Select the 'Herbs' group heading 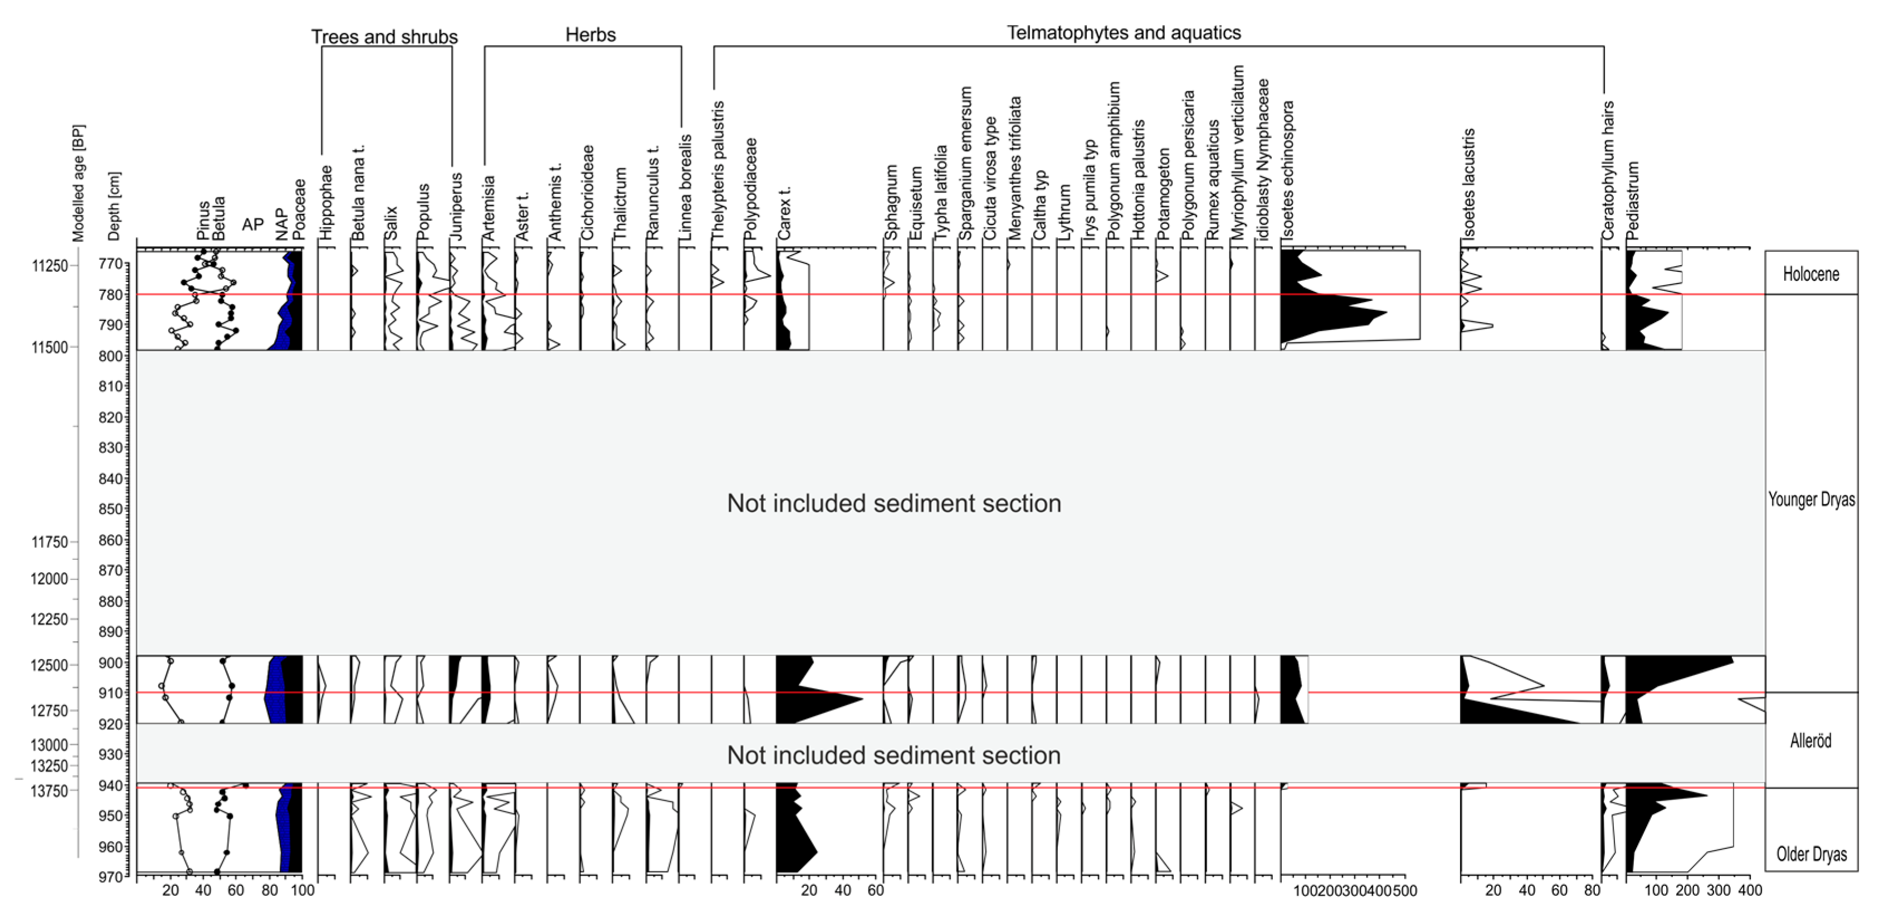point(590,35)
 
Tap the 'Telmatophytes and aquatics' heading point(1124,33)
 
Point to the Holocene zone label point(1811,274)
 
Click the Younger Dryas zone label point(1811,500)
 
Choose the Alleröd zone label point(1811,741)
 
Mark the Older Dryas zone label point(1811,854)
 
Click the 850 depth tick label point(110,509)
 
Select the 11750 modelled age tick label point(49,543)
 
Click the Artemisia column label point(489,208)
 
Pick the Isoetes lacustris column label point(1468,184)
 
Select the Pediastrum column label point(1633,201)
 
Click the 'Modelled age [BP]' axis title point(78,183)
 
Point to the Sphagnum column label point(891,203)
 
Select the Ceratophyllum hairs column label point(1608,171)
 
